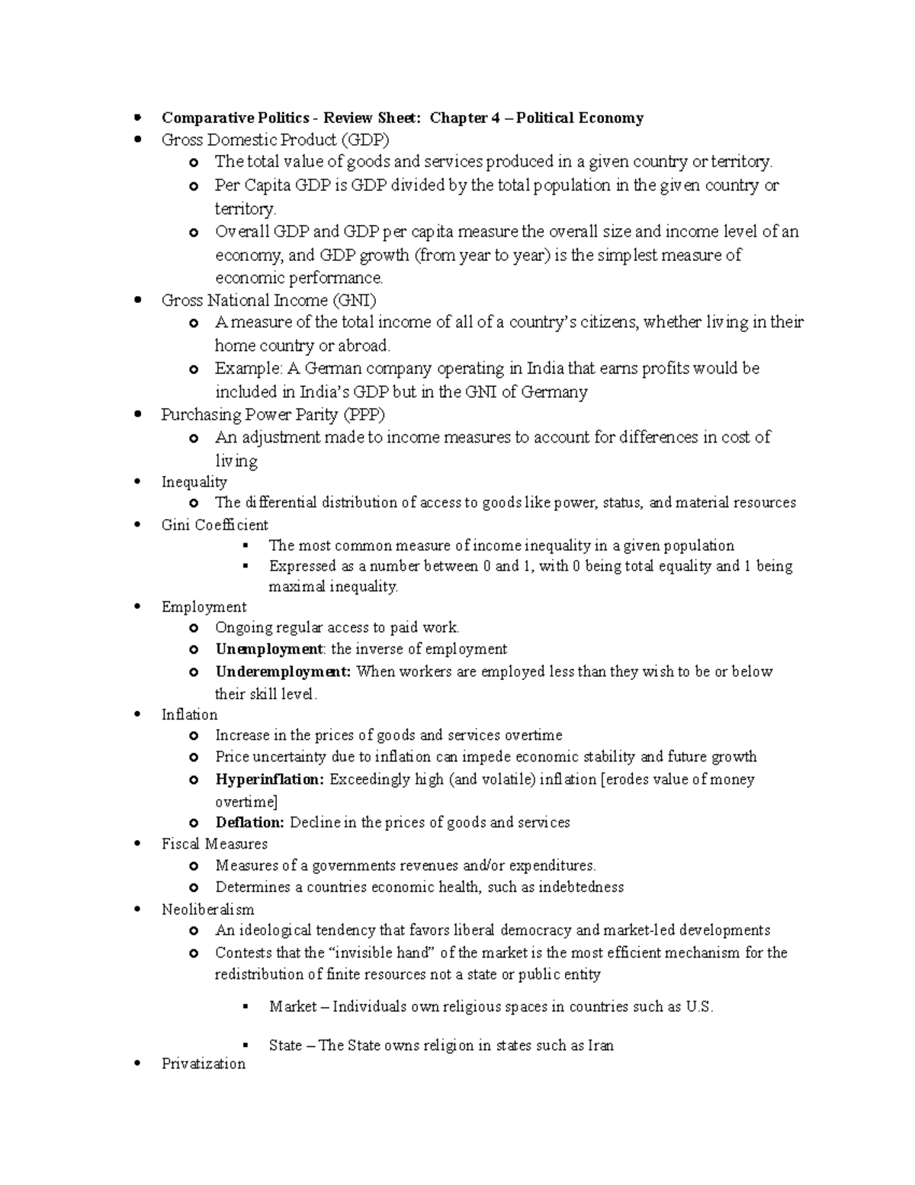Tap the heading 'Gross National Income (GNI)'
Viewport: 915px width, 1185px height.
pyautogui.click(x=268, y=300)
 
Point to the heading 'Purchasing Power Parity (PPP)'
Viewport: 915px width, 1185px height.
pyautogui.click(x=273, y=414)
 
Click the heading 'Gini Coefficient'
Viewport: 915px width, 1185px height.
pyautogui.click(x=214, y=525)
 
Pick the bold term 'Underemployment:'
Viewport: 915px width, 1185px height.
pyautogui.click(x=283, y=671)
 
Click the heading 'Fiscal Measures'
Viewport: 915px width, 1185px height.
pyautogui.click(x=214, y=844)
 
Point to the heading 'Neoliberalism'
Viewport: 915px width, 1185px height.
pyautogui.click(x=207, y=910)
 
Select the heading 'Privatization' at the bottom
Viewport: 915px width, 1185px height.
pyautogui.click(x=203, y=1064)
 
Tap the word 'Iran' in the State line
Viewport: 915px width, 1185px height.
pyautogui.click(x=601, y=1045)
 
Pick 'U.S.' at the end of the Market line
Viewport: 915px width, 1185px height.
pyautogui.click(x=699, y=1006)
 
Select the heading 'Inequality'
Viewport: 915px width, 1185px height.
pyautogui.click(x=194, y=482)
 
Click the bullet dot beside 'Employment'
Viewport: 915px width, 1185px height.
pyautogui.click(x=137, y=607)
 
